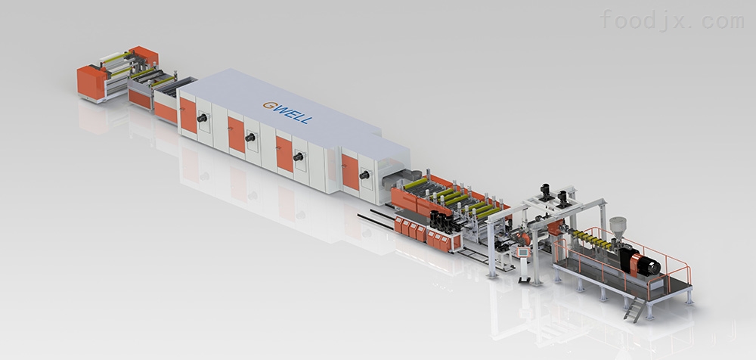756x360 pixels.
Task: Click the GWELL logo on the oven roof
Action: click(x=287, y=112)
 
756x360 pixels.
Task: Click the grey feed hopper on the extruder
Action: click(x=618, y=226)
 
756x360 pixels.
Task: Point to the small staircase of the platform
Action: click(x=635, y=309)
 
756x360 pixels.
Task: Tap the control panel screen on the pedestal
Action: click(x=522, y=251)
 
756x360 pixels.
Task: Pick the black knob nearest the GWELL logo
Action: click(x=249, y=138)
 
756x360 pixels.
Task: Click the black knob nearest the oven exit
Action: click(x=364, y=175)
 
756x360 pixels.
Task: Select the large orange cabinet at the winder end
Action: click(x=91, y=82)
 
